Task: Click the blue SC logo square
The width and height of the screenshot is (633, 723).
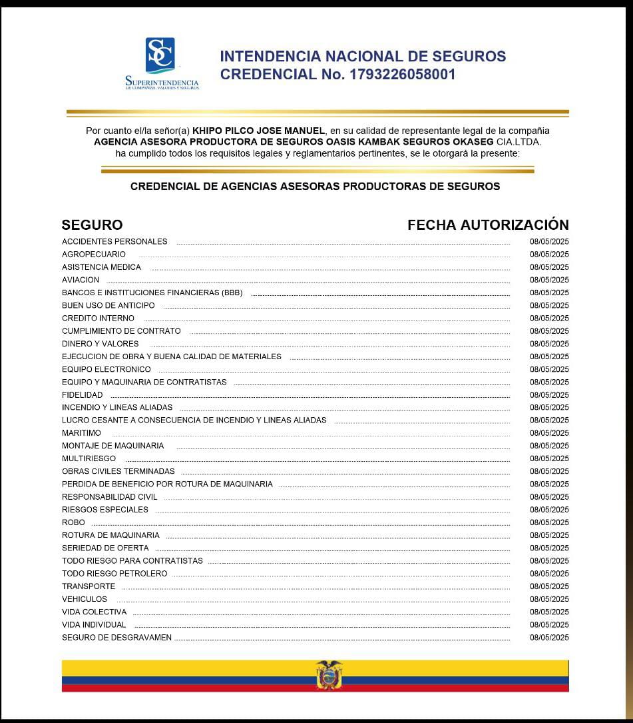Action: pyautogui.click(x=160, y=54)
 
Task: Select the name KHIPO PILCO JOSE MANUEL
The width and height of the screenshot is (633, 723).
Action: pyautogui.click(x=258, y=131)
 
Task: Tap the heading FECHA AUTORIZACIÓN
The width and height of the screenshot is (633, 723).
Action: pyautogui.click(x=488, y=225)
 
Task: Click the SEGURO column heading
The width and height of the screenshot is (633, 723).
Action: pyautogui.click(x=92, y=225)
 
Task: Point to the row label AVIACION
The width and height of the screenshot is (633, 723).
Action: pyautogui.click(x=81, y=280)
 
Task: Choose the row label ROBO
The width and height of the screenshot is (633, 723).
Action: pyautogui.click(x=73, y=522)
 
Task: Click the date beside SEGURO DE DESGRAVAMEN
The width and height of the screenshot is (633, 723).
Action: pyautogui.click(x=549, y=638)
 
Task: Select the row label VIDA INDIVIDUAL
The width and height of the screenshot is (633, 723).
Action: pyautogui.click(x=94, y=625)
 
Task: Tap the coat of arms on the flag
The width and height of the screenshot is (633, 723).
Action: pyautogui.click(x=329, y=675)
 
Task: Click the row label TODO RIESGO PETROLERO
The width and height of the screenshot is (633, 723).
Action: pyautogui.click(x=114, y=574)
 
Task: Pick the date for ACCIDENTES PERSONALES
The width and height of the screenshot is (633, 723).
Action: pyautogui.click(x=549, y=242)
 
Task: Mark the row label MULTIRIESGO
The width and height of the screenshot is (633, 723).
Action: pyautogui.click(x=89, y=458)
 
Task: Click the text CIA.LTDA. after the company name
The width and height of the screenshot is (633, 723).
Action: pyautogui.click(x=519, y=142)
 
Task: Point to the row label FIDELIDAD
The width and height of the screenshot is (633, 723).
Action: pyautogui.click(x=83, y=395)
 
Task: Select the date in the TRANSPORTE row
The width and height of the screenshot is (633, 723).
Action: pyautogui.click(x=549, y=586)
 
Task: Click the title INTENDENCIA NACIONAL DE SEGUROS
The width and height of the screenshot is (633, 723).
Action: pyautogui.click(x=363, y=57)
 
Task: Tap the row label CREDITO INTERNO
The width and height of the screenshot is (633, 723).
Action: pyautogui.click(x=98, y=319)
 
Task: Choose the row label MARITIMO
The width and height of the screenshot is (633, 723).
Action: pyautogui.click(x=81, y=433)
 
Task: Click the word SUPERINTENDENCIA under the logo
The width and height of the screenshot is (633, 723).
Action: pyautogui.click(x=162, y=82)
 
